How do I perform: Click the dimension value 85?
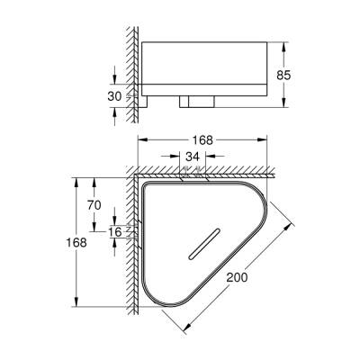click(x=283, y=75)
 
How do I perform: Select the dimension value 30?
click(x=114, y=96)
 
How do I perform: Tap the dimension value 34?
click(x=193, y=157)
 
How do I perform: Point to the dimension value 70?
click(x=94, y=205)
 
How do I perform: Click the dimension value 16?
click(x=114, y=231)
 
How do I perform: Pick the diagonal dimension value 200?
click(x=237, y=277)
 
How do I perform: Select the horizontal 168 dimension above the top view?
click(x=202, y=139)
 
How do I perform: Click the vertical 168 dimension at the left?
click(x=76, y=242)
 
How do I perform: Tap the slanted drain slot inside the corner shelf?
click(x=204, y=244)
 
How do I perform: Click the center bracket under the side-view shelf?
click(x=197, y=102)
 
